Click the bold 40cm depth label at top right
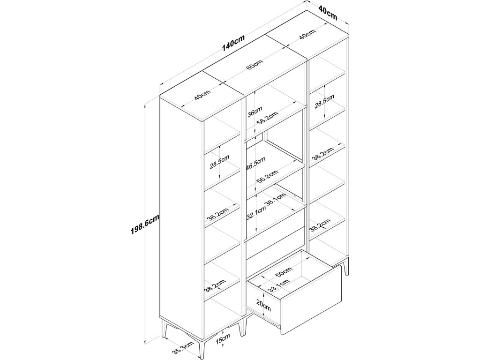tap(328, 12)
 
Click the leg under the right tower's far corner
tap(346, 269)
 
